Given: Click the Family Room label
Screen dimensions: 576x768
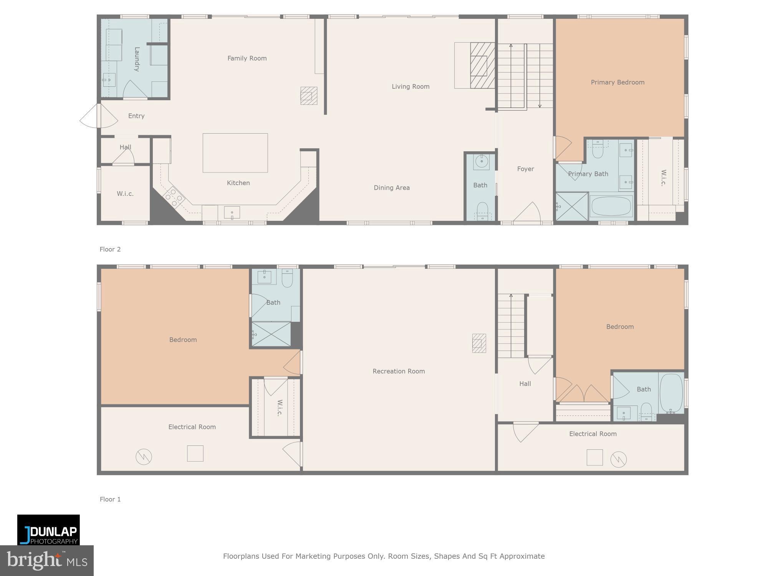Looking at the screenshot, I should click(x=247, y=58).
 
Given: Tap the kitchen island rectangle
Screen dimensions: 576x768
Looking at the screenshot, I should click(x=235, y=153).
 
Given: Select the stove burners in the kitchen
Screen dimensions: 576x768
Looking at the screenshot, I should click(x=174, y=197).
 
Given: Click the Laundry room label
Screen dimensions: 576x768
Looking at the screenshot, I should click(x=136, y=59).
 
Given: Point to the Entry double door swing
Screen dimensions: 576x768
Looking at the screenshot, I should click(x=98, y=116).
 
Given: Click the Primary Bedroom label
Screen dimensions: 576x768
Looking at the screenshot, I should click(x=617, y=82).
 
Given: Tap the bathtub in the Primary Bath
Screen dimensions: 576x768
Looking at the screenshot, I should click(x=611, y=206).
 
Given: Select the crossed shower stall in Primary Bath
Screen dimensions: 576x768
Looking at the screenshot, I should click(x=572, y=206).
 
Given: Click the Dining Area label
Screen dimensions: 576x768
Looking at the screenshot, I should click(x=392, y=188).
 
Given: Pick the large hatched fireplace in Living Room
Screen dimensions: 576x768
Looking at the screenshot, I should click(x=482, y=66).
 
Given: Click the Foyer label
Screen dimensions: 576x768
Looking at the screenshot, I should click(x=525, y=169).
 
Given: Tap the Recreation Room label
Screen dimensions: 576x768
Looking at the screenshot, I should click(x=399, y=371).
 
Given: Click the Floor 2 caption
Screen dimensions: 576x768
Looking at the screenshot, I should click(x=110, y=249).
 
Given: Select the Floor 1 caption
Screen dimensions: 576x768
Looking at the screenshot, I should click(x=110, y=499).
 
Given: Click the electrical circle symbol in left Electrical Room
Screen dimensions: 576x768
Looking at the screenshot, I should click(x=144, y=457).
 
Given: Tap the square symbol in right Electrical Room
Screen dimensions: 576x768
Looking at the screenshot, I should click(x=594, y=457).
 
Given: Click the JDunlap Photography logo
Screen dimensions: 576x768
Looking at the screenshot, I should click(x=48, y=530).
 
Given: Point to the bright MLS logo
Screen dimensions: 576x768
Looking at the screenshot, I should click(x=46, y=561).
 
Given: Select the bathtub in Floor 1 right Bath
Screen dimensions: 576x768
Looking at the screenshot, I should click(x=671, y=393).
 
